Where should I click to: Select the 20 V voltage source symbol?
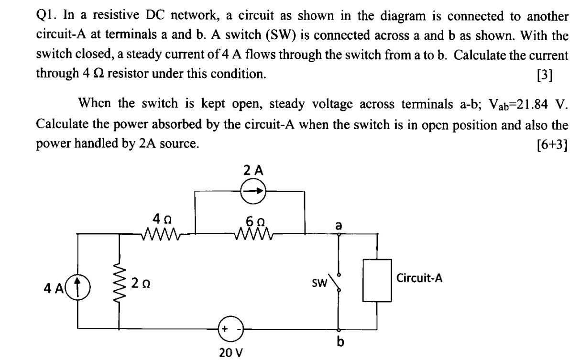(230, 329)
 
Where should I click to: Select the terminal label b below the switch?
(340, 342)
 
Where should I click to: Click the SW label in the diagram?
(319, 283)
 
